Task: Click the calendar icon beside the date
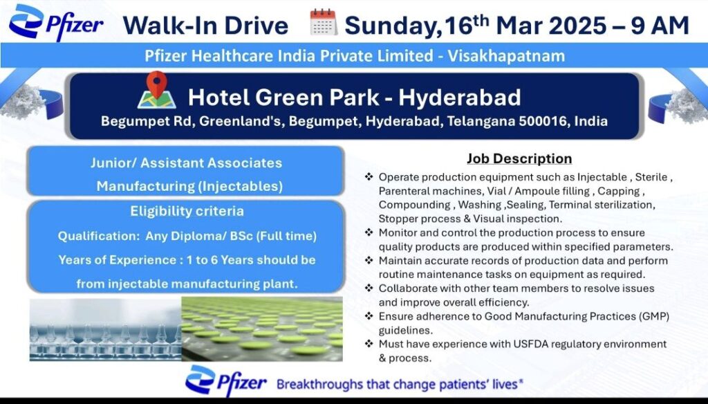pyautogui.click(x=323, y=24)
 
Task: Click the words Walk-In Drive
pyautogui.click(x=205, y=26)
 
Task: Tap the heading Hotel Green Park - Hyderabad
pyautogui.click(x=355, y=96)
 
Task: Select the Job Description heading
pyautogui.click(x=519, y=158)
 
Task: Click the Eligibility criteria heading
pyautogui.click(x=187, y=210)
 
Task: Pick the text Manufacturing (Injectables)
pyautogui.click(x=189, y=185)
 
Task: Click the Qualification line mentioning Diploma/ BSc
pyautogui.click(x=187, y=236)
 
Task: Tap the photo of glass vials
pyautogui.click(x=104, y=329)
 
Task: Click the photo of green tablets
pyautogui.click(x=262, y=329)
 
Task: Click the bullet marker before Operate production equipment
pyautogui.click(x=369, y=177)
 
